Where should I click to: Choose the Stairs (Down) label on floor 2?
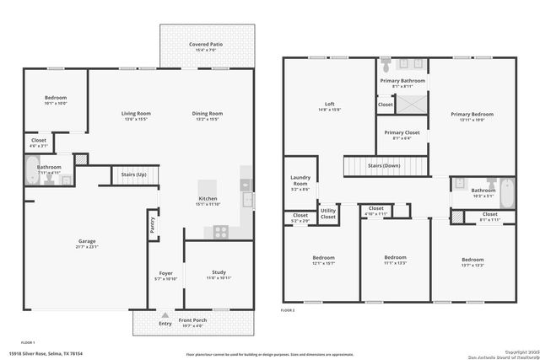tap(384, 166)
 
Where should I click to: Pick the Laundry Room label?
tap(300, 180)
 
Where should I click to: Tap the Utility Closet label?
tap(328, 214)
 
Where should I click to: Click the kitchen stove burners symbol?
tap(219, 230)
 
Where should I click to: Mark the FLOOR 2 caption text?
tap(289, 309)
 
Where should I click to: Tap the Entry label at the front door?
tap(165, 322)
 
